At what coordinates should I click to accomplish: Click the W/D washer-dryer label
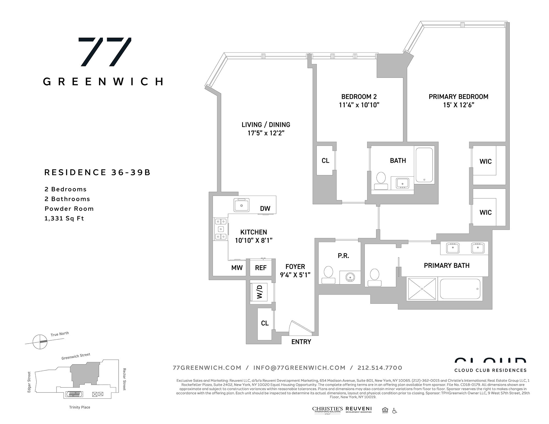tap(260, 292)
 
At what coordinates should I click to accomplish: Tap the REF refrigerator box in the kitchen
tap(261, 268)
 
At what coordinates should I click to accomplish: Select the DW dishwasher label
tap(265, 209)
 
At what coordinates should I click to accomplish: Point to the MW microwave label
tap(237, 268)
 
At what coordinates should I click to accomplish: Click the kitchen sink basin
tap(242, 205)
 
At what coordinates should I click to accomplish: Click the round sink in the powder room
tap(350, 277)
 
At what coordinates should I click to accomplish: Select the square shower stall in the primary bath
tap(422, 289)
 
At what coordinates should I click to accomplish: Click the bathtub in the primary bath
tap(460, 289)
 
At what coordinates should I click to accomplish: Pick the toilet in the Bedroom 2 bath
tap(381, 181)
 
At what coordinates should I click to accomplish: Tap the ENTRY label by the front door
tap(301, 342)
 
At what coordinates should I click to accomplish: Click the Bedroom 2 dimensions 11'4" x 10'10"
tap(359, 105)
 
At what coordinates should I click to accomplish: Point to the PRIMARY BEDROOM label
tap(458, 97)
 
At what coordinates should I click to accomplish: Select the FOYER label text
tap(295, 267)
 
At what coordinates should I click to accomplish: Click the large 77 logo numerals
tap(105, 52)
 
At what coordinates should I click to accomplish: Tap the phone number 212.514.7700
tap(380, 368)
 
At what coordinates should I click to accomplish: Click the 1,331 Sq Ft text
tap(64, 218)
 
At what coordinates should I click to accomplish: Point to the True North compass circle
tap(40, 342)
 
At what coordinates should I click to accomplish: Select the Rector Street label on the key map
tap(124, 379)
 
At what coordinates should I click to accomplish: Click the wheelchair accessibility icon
tap(394, 411)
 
